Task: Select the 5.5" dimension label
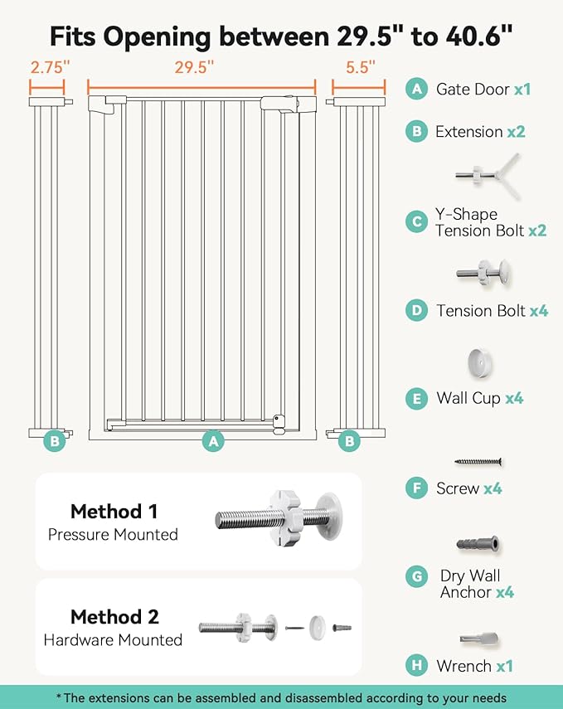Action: click(x=360, y=66)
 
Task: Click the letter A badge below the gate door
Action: click(x=214, y=441)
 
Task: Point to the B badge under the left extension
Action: click(x=55, y=441)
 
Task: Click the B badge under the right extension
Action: click(x=349, y=441)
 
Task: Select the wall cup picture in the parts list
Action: click(x=477, y=362)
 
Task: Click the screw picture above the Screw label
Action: click(x=478, y=461)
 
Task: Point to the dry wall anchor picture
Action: click(x=478, y=544)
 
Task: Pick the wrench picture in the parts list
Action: click(x=478, y=639)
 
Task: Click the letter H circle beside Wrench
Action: click(x=416, y=665)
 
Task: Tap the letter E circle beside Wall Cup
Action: click(x=416, y=398)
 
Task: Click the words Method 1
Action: click(x=114, y=511)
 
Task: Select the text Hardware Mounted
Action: click(x=113, y=639)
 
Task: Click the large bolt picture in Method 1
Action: click(x=278, y=520)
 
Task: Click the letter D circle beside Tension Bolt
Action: click(x=416, y=311)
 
